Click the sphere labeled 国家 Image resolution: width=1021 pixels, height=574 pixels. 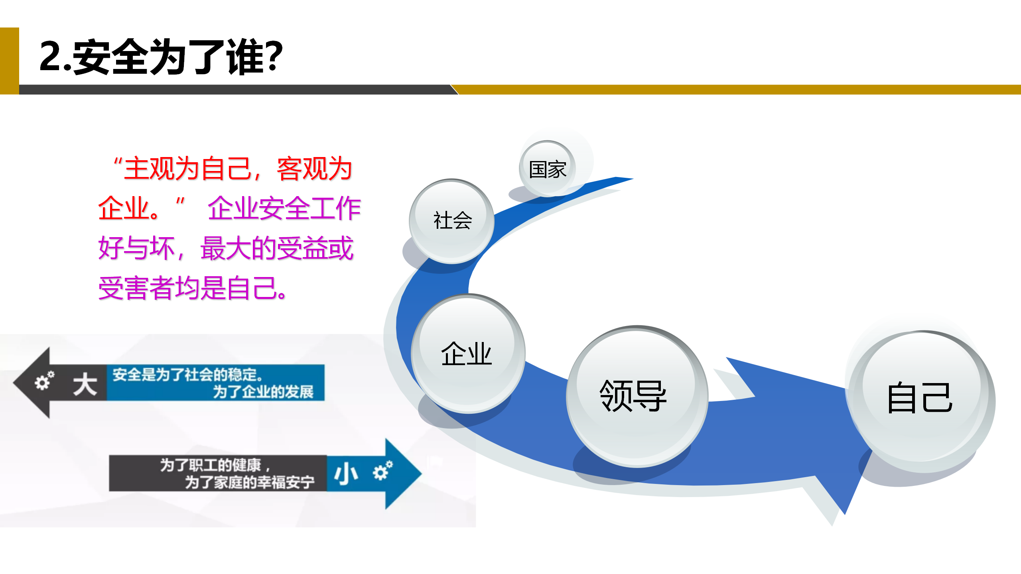(547, 169)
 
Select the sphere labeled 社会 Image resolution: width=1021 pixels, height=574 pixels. (452, 221)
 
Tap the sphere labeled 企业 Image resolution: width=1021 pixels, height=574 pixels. (468, 354)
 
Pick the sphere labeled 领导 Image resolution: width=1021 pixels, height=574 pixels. (637, 396)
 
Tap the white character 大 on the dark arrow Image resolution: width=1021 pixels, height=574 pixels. (85, 384)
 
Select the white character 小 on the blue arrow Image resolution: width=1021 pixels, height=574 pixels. (346, 474)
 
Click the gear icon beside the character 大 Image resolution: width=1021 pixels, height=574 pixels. (44, 380)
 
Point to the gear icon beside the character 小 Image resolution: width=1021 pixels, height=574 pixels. (382, 470)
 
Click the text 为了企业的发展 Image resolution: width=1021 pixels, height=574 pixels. (263, 392)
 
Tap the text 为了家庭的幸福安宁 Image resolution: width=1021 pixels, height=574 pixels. (250, 482)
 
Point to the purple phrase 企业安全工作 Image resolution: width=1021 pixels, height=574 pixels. (284, 208)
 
